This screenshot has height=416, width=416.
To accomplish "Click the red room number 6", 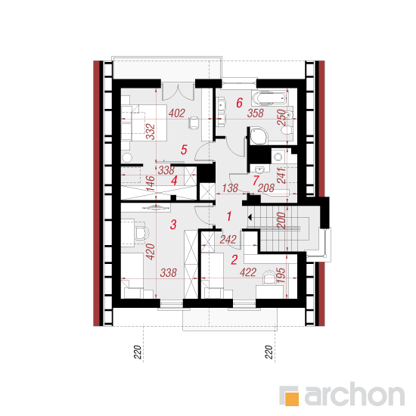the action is (x=239, y=103).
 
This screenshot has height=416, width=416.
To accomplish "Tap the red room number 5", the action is (x=184, y=150).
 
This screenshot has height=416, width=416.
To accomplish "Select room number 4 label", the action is (x=174, y=181).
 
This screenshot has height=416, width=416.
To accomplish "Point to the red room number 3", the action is (x=173, y=225).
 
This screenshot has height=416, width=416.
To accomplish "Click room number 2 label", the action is (x=234, y=259).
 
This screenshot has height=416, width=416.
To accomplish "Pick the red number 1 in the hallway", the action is (x=229, y=216).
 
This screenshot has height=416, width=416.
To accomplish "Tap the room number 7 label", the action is (x=256, y=181).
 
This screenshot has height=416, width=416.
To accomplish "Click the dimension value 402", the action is (x=177, y=113).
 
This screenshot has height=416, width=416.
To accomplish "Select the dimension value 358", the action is (x=256, y=113).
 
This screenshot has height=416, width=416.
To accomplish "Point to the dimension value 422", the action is (x=248, y=272).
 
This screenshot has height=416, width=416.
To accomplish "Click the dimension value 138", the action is (x=230, y=188).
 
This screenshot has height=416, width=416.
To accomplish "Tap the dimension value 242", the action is (x=228, y=240).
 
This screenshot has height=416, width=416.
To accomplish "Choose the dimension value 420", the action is (x=151, y=252).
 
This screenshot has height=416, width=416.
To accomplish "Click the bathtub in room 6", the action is (x=270, y=98).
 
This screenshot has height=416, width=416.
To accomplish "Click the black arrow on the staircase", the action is (x=250, y=217).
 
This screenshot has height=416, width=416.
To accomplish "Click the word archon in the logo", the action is (x=354, y=394).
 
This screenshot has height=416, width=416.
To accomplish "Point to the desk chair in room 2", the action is (x=269, y=278).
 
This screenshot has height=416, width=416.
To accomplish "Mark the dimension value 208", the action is (x=265, y=188).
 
